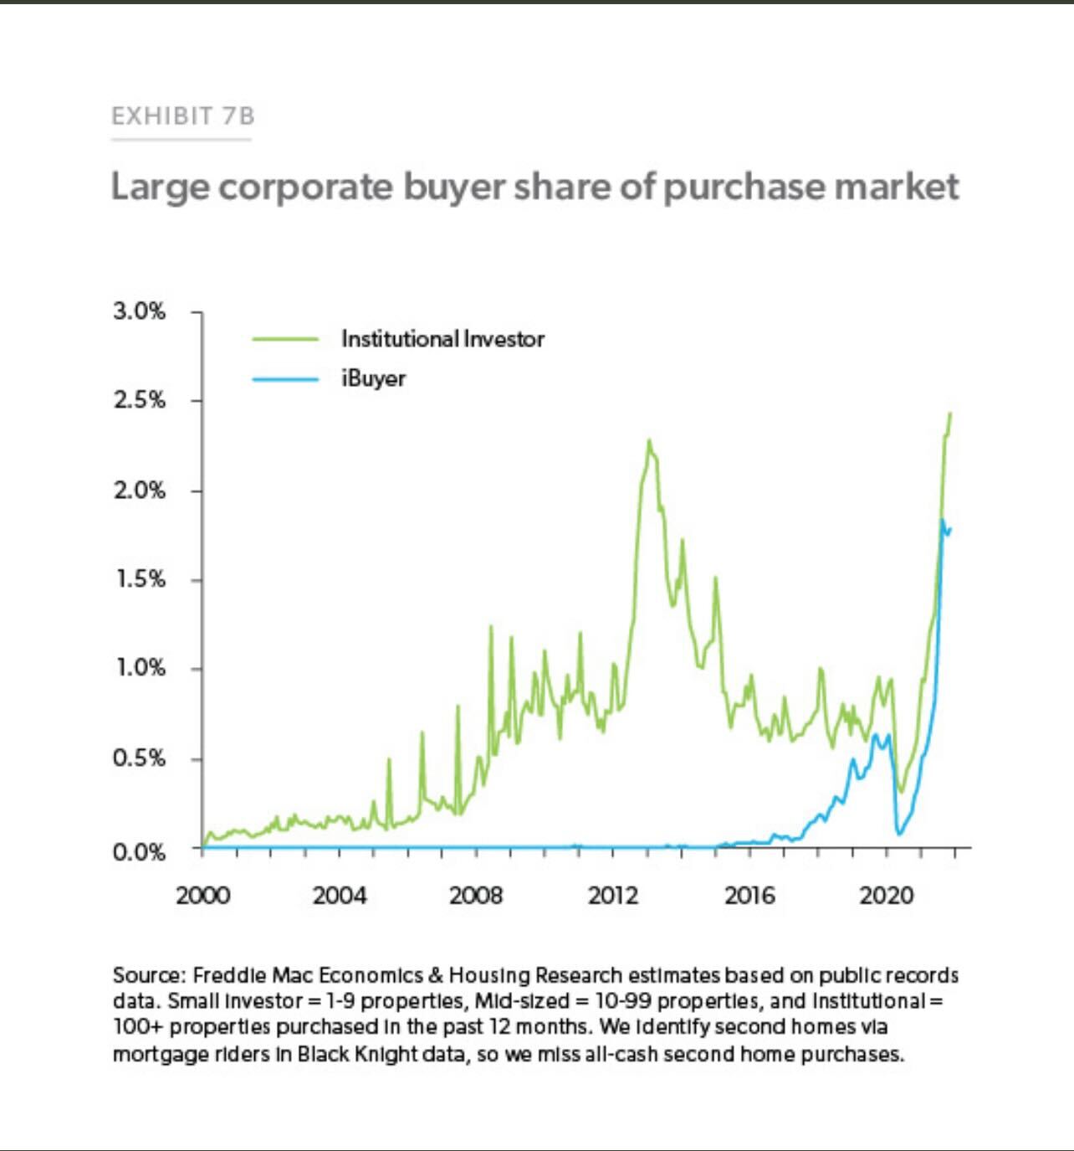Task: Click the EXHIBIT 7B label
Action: (182, 116)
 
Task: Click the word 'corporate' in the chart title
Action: (305, 187)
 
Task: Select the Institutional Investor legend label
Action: (442, 339)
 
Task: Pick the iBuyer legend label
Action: (373, 378)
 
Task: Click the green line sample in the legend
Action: (285, 339)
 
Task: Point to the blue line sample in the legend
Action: (285, 379)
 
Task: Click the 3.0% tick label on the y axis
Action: (140, 311)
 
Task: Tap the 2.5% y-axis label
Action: (140, 400)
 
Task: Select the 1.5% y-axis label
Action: (140, 579)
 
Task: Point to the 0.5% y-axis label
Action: (140, 758)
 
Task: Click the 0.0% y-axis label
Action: (140, 853)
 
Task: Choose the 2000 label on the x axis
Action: (202, 896)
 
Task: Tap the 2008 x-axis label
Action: (476, 896)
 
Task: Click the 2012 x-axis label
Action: (613, 896)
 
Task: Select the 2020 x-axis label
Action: (887, 896)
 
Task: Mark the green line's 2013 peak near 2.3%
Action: (648, 440)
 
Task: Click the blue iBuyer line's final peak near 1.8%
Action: (942, 521)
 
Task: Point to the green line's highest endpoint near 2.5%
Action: (950, 413)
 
